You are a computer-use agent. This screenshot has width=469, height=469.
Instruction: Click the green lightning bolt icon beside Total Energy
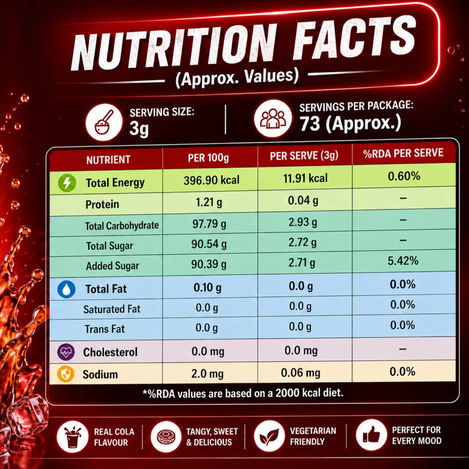point(67,183)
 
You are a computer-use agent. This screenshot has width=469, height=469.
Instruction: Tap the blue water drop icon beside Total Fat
point(66,289)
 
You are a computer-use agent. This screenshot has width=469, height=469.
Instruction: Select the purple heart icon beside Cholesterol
point(66,352)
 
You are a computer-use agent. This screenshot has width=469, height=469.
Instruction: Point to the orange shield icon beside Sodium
point(66,374)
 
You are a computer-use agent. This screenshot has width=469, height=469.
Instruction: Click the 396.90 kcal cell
point(211,180)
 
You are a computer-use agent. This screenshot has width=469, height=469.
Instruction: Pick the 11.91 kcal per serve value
point(305,178)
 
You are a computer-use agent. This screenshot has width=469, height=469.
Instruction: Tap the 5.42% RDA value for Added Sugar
point(403,261)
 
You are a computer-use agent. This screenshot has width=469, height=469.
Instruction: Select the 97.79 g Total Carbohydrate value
point(209,224)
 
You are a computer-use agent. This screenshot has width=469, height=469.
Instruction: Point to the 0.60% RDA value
point(404,176)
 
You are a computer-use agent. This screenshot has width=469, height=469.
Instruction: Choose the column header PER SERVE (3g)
point(304,156)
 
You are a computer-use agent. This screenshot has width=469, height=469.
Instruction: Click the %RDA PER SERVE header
point(403,153)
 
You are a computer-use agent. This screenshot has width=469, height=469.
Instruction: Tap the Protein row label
point(102,204)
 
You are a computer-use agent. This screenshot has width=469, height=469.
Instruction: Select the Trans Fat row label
point(105,329)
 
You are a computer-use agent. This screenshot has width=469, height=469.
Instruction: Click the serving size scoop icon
point(104,122)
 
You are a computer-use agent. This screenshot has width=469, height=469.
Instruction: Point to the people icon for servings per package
point(273,119)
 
